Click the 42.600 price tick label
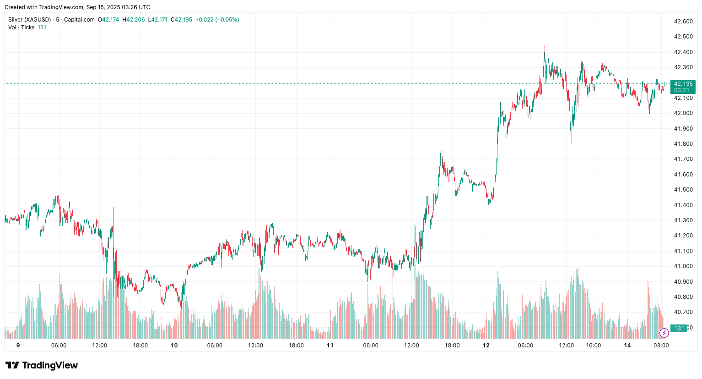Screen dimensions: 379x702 pyautogui.click(x=683, y=22)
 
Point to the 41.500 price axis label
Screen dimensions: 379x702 pyautogui.click(x=683, y=190)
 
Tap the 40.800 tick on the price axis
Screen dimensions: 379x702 pyautogui.click(x=683, y=297)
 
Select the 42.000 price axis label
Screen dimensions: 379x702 pyautogui.click(x=683, y=113)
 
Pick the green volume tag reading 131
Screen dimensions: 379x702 pyautogui.click(x=679, y=328)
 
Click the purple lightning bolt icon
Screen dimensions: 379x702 pyautogui.click(x=664, y=333)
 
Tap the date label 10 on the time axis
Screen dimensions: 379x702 pyautogui.click(x=174, y=346)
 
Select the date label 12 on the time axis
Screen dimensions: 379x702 pyautogui.click(x=486, y=346)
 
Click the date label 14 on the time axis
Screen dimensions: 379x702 pyautogui.click(x=627, y=346)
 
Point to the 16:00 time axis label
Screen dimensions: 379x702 pyautogui.click(x=594, y=346)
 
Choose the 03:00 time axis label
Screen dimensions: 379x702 pyautogui.click(x=661, y=346)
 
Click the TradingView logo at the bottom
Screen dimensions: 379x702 pyautogui.click(x=42, y=365)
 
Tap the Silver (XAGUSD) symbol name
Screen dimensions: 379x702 pyautogui.click(x=29, y=20)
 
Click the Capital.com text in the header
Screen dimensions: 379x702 pyautogui.click(x=79, y=20)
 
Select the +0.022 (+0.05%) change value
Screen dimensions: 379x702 pyautogui.click(x=217, y=20)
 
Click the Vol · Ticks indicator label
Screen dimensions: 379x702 pyautogui.click(x=21, y=27)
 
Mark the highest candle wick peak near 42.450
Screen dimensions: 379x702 pyautogui.click(x=545, y=45)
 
